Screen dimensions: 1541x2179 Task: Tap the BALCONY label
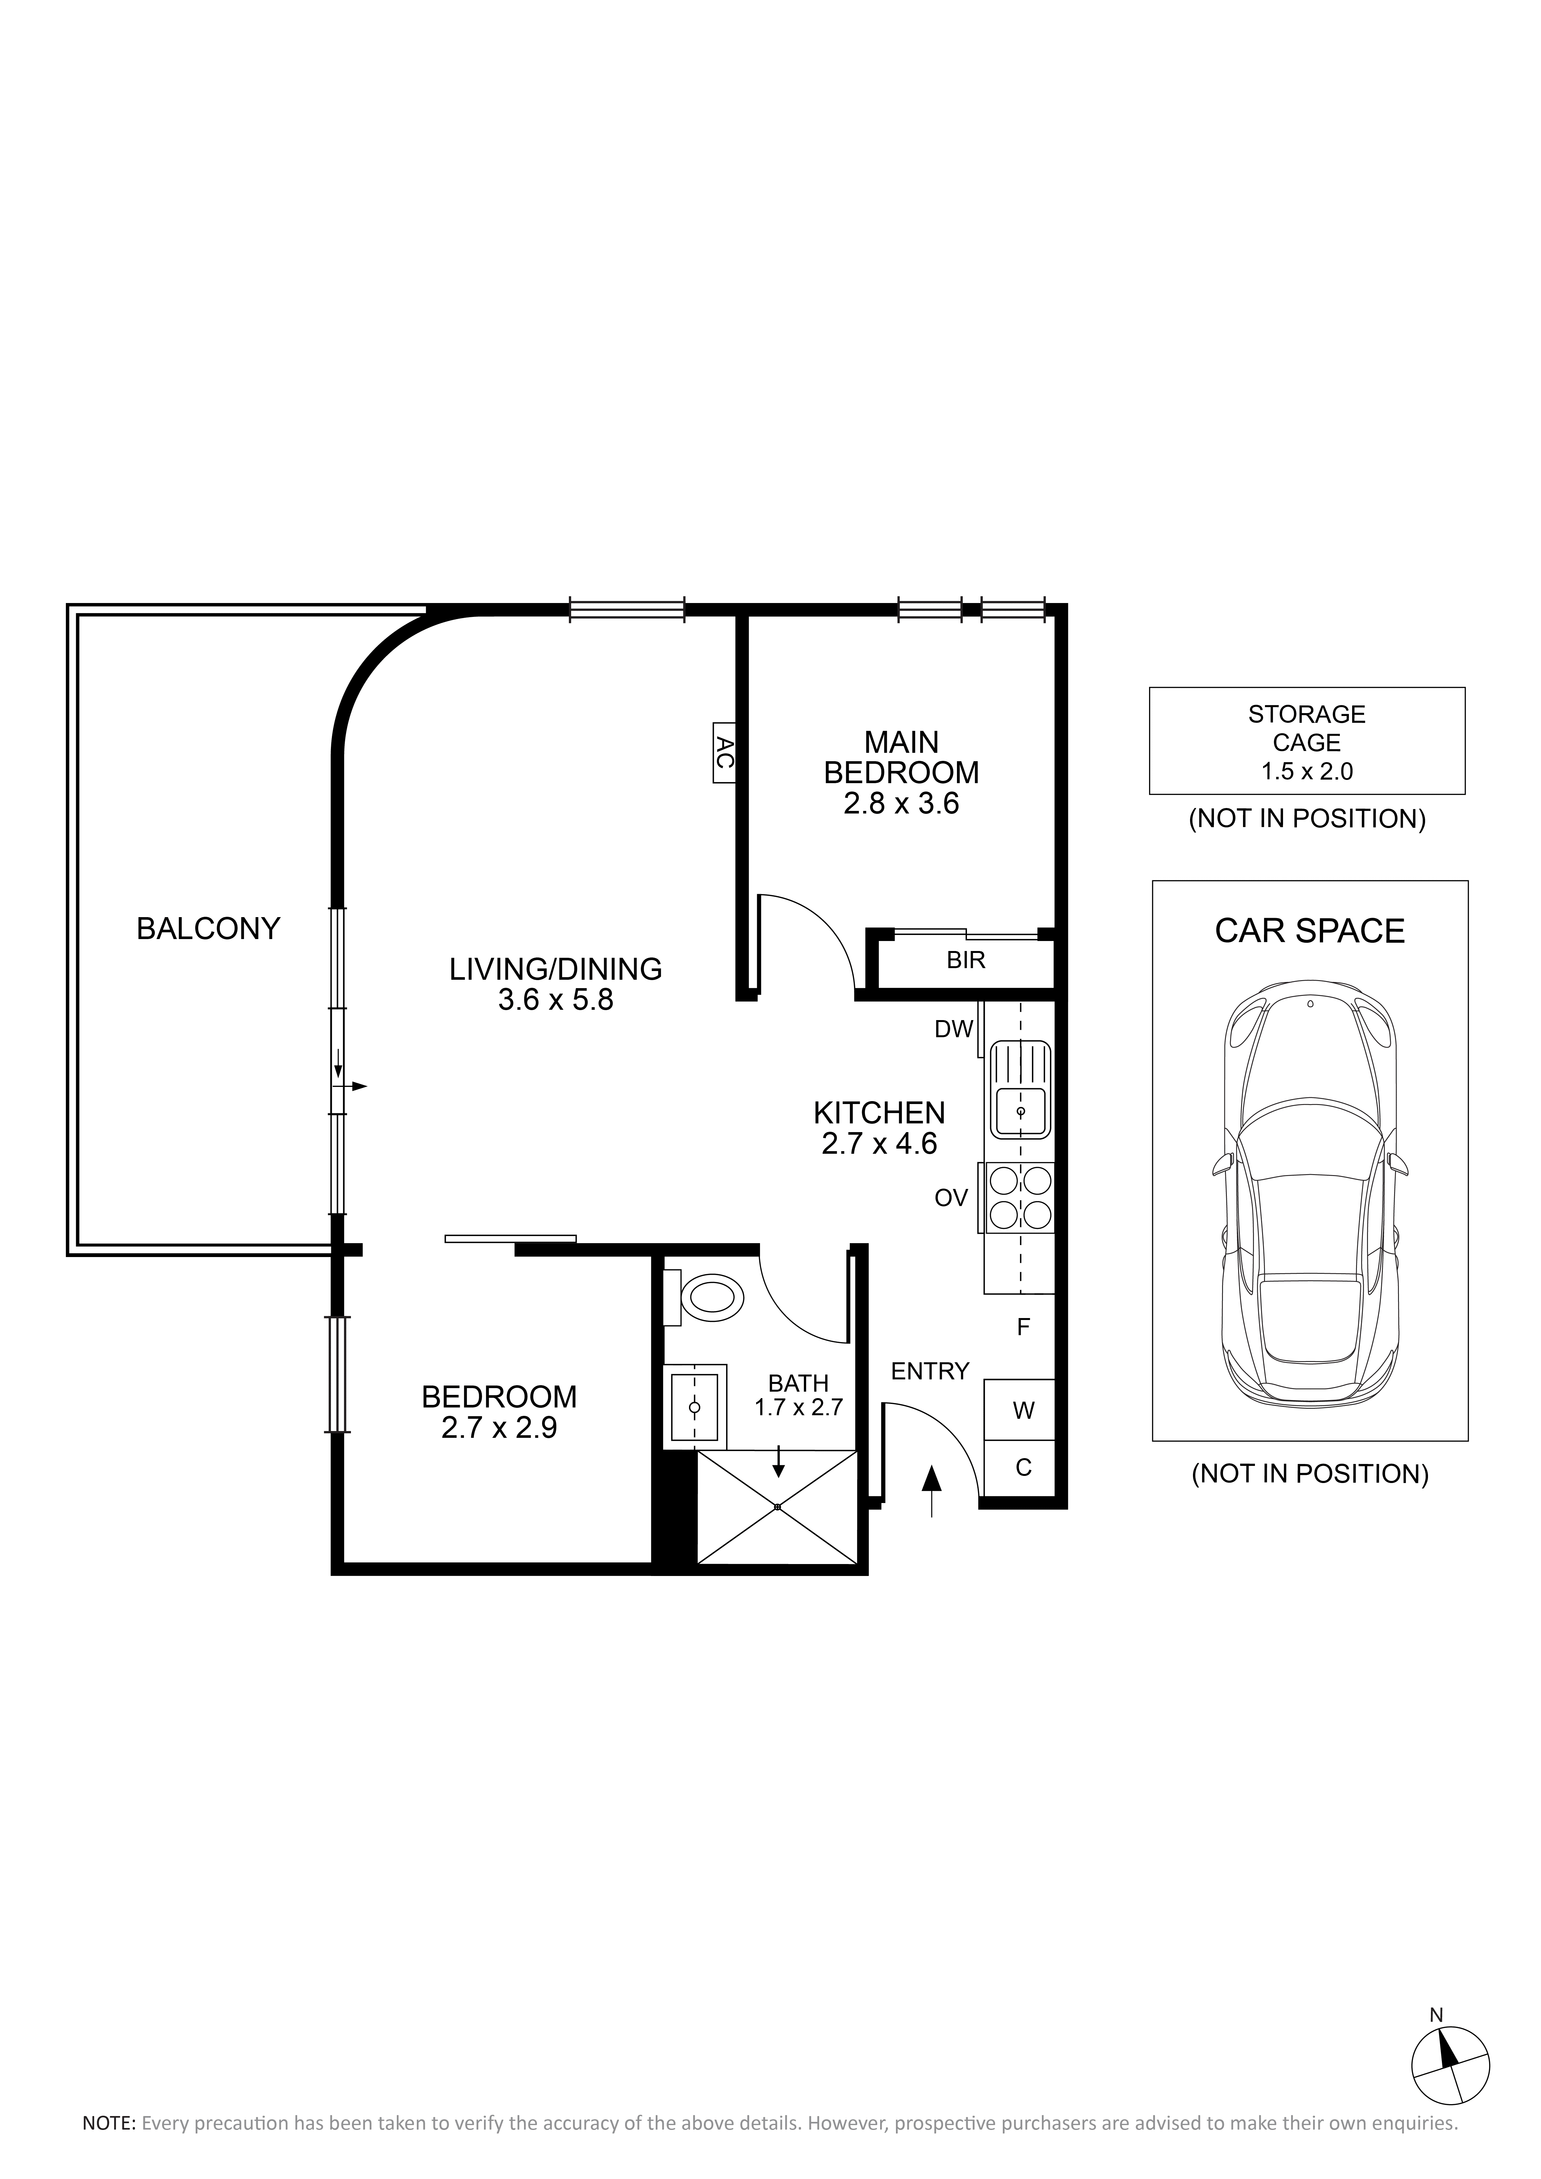pyautogui.click(x=209, y=928)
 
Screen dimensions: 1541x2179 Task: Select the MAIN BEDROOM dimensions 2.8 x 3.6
pyautogui.click(x=901, y=804)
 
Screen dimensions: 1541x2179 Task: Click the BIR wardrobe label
pyautogui.click(x=966, y=960)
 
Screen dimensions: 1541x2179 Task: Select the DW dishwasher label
pyautogui.click(x=954, y=1029)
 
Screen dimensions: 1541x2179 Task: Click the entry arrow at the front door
pyautogui.click(x=932, y=1491)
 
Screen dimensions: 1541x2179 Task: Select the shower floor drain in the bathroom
pyautogui.click(x=777, y=1507)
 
